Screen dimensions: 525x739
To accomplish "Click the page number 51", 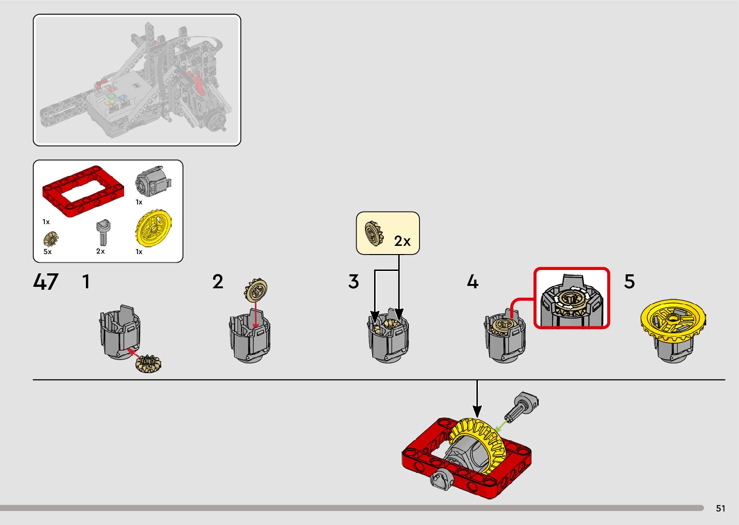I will click(720, 508).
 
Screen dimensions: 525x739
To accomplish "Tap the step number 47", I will click(46, 282).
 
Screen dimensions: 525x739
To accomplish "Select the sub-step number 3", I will click(354, 282).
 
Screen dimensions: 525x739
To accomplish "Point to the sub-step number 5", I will click(629, 282).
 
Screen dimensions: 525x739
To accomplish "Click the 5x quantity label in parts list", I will click(47, 252).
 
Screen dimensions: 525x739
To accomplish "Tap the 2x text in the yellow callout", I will click(402, 241).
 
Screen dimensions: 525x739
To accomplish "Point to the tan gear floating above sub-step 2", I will click(255, 291).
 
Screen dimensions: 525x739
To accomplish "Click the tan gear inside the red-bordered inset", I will click(571, 299).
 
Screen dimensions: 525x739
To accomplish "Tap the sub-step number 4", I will click(473, 282).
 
